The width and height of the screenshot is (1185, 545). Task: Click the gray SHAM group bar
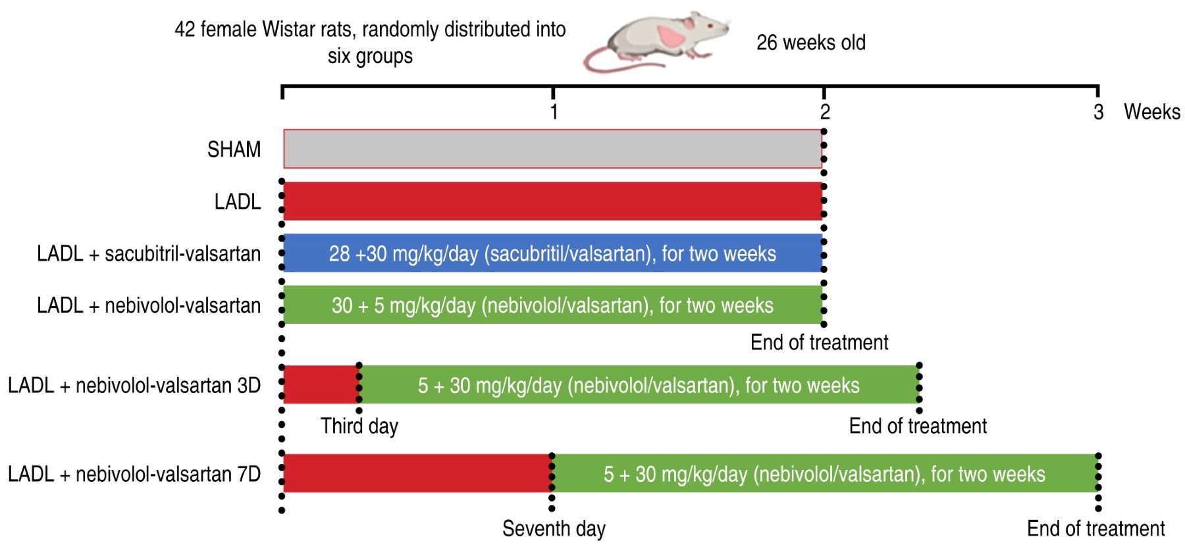click(x=553, y=149)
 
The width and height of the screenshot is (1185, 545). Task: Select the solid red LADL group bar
click(x=553, y=201)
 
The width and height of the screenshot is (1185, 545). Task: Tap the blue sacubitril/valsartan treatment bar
click(x=553, y=253)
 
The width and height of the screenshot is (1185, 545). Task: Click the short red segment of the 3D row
click(x=321, y=384)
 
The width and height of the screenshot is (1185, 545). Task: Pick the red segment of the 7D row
click(x=417, y=473)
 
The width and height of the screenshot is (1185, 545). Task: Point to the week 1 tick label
click(x=554, y=112)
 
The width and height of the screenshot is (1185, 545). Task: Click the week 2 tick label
click(x=825, y=112)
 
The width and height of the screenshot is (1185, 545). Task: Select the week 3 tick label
click(x=1098, y=112)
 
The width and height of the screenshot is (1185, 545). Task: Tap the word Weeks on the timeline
click(x=1152, y=112)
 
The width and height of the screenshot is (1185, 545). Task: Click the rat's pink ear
click(x=671, y=36)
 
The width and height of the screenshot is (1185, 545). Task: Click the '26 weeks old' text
click(x=811, y=43)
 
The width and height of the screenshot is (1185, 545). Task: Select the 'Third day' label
click(x=359, y=427)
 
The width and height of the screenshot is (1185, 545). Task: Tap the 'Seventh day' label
click(x=554, y=529)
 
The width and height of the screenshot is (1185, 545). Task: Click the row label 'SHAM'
click(x=234, y=149)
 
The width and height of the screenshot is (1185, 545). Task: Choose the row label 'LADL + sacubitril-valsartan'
click(x=149, y=253)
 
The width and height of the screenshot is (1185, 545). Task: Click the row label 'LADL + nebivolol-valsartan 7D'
click(x=134, y=474)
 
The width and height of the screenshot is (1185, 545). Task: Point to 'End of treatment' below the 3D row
click(x=918, y=426)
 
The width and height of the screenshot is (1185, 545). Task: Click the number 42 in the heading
click(x=184, y=30)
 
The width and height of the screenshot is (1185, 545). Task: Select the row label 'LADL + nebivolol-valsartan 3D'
click(x=134, y=385)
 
